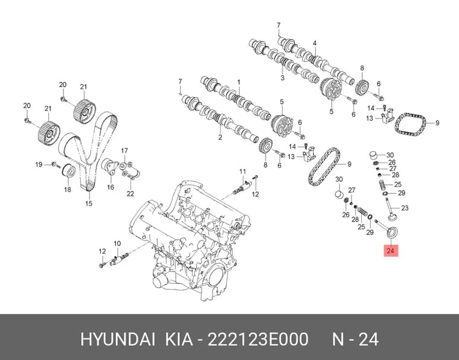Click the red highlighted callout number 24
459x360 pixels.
[391, 251]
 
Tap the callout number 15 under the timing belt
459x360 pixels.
[89, 203]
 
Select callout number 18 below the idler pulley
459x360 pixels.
[67, 190]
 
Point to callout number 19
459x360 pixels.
[39, 164]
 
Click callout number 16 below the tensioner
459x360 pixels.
[111, 187]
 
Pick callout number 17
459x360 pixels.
[124, 151]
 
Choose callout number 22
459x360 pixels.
[130, 193]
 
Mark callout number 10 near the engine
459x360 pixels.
[117, 243]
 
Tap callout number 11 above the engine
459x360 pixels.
[243, 171]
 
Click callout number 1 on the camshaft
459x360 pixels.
[239, 82]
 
